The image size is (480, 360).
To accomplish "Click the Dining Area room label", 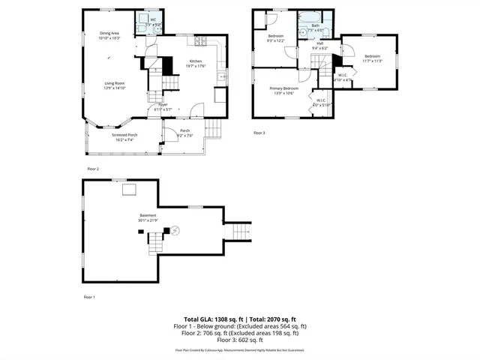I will pyautogui.click(x=109, y=33).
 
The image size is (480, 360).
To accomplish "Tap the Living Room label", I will pyautogui.click(x=114, y=84).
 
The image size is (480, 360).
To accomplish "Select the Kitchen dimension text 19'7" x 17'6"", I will pyautogui.click(x=196, y=66).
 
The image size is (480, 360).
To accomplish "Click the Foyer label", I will pyautogui.click(x=163, y=105).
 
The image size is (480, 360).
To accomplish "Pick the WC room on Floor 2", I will pyautogui.click(x=153, y=20).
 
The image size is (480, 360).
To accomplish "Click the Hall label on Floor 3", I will pyautogui.click(x=319, y=43).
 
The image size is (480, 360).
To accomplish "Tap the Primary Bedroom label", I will pyautogui.click(x=284, y=88).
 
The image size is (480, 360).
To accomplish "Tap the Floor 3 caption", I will pyautogui.click(x=259, y=133).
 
